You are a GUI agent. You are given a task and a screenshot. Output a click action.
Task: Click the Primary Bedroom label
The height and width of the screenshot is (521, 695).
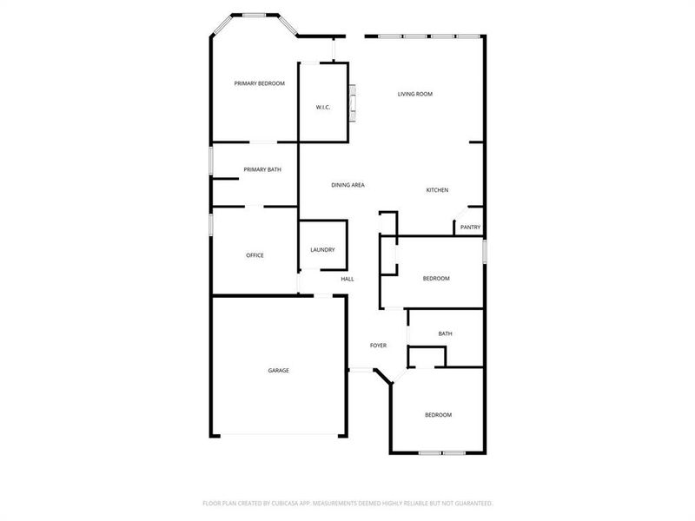click(260, 83)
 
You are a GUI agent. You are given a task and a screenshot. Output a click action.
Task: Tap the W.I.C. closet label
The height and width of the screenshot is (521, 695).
click(323, 108)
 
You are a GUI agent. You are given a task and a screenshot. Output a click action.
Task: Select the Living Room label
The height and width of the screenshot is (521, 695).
click(415, 94)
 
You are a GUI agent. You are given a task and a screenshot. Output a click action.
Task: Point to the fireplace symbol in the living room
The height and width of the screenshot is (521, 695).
click(352, 101)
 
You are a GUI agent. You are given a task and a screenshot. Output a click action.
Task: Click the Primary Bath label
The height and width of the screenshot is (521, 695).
click(261, 169)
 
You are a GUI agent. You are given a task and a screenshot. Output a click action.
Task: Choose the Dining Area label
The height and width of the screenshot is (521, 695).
click(347, 185)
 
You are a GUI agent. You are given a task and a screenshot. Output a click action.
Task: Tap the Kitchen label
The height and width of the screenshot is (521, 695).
click(437, 190)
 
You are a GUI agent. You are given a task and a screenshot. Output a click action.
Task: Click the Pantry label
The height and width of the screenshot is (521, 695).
click(470, 228)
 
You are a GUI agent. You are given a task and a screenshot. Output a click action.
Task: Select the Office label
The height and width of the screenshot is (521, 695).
click(255, 255)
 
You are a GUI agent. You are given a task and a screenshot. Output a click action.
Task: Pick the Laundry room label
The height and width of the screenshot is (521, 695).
click(322, 250)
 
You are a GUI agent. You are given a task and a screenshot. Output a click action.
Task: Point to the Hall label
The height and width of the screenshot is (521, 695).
click(347, 279)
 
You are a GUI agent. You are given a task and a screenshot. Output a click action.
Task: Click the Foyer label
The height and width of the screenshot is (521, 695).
click(378, 346)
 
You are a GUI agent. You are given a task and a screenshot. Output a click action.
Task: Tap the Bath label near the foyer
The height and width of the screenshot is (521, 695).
click(445, 333)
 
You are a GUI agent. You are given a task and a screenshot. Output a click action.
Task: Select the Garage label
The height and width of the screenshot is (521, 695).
click(278, 371)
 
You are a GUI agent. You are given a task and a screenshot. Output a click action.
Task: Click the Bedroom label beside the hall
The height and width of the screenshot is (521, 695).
click(436, 279)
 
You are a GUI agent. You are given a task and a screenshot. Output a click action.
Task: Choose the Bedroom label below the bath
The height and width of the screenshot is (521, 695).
click(438, 415)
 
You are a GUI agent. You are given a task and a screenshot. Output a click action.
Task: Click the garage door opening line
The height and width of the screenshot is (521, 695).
click(278, 435)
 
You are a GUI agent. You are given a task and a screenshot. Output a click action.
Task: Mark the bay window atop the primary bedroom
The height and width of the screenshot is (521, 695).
click(254, 15)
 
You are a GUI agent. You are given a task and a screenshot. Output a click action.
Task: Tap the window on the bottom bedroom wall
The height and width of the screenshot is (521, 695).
click(442, 452)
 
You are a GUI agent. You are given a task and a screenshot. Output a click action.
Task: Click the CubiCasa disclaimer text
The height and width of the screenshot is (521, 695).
click(347, 503)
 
